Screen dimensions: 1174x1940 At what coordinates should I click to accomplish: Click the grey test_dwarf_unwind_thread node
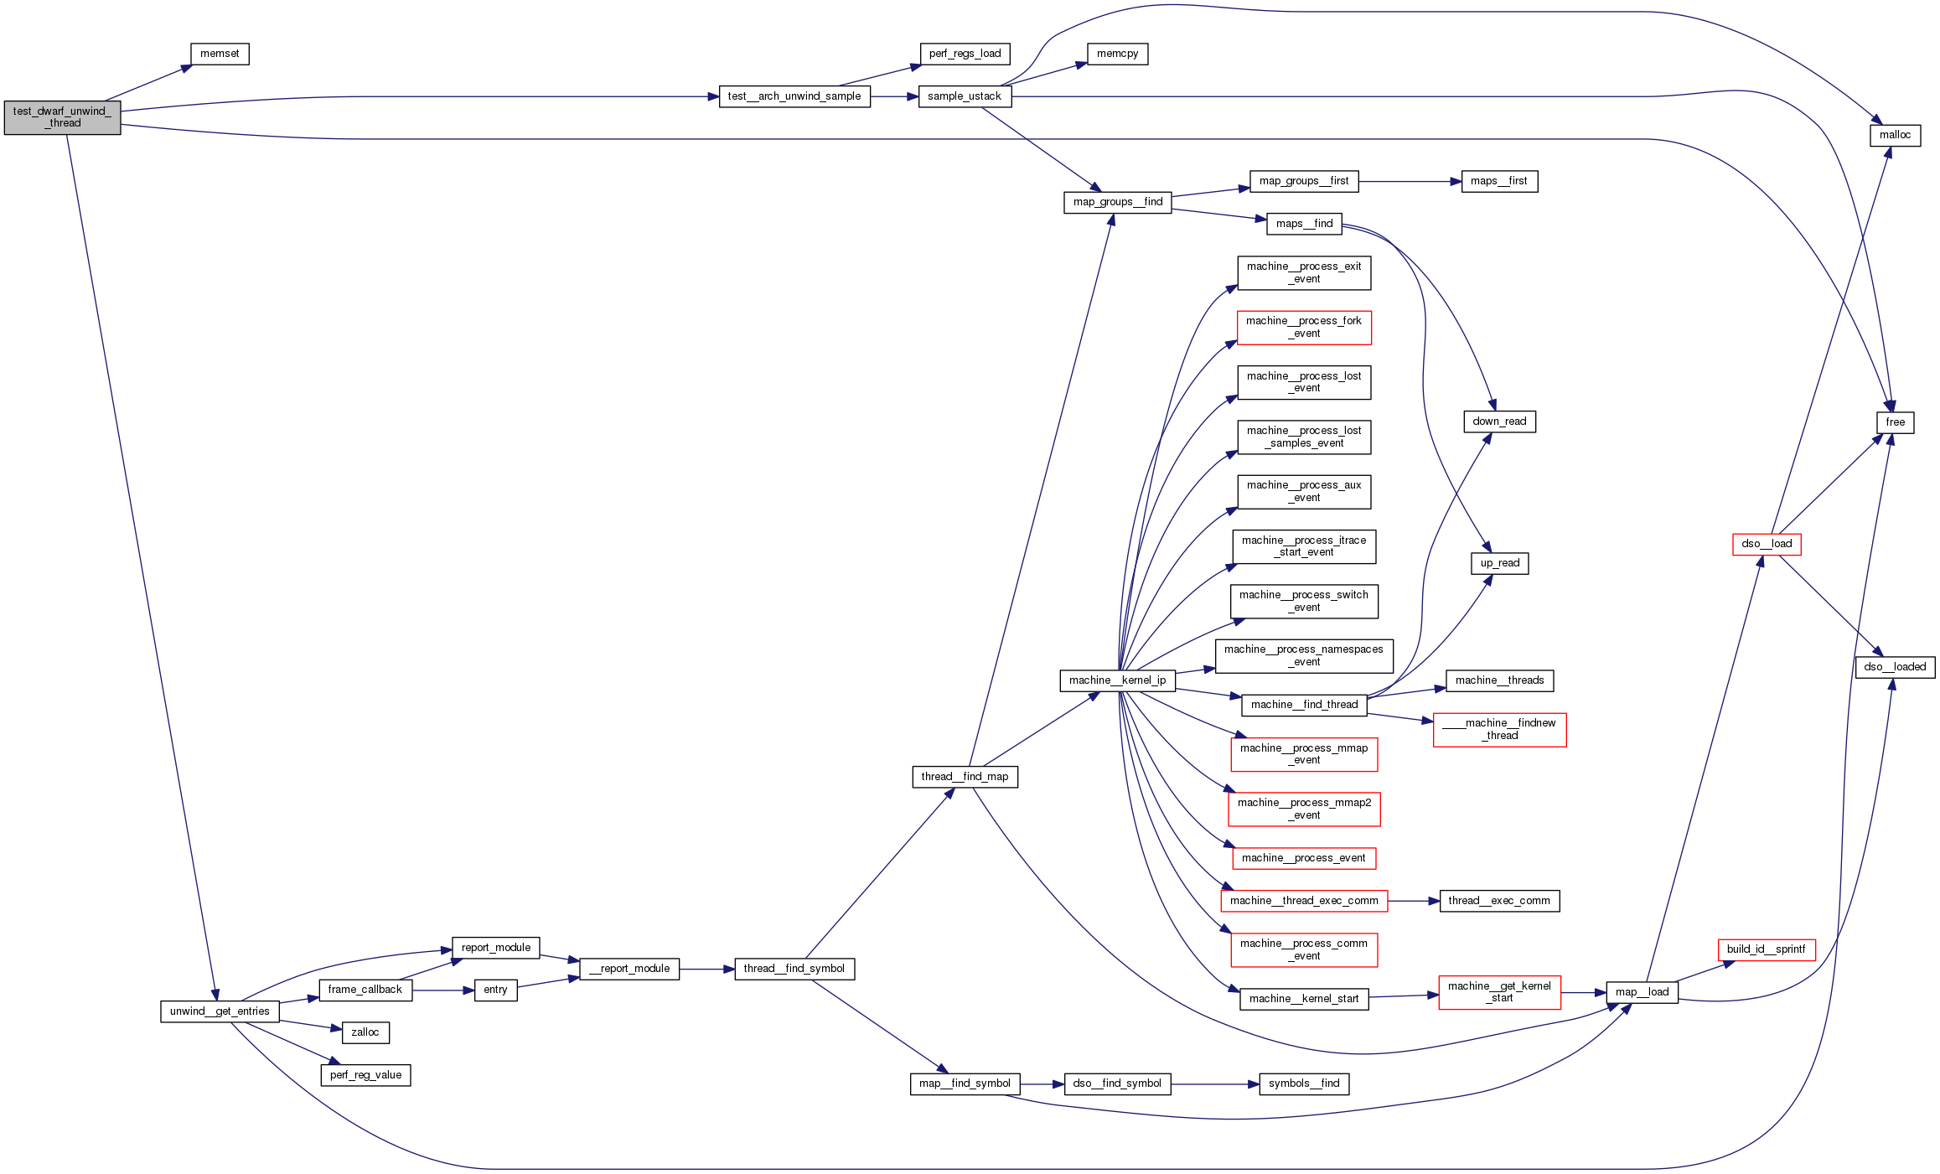(x=62, y=117)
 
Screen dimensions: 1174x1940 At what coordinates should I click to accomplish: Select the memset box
(x=220, y=54)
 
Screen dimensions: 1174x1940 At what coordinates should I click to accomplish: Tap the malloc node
(x=1895, y=135)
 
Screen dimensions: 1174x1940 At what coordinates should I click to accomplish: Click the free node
(x=1895, y=422)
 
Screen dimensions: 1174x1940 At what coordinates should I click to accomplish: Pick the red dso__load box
(x=1767, y=544)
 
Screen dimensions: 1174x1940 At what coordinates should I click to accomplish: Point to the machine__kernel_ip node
(x=1117, y=680)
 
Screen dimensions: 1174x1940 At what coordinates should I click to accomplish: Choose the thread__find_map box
(x=965, y=777)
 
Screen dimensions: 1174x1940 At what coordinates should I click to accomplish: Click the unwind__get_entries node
(x=220, y=1011)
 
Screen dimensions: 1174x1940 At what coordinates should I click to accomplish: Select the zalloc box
(x=365, y=1032)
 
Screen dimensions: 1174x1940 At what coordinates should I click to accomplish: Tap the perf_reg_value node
(x=365, y=1075)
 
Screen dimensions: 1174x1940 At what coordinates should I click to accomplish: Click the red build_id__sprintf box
(x=1766, y=949)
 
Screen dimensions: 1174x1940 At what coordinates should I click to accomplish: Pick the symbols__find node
(x=1304, y=1083)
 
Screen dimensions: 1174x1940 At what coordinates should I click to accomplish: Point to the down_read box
(x=1499, y=422)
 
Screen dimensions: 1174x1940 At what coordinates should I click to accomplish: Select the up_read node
(x=1499, y=563)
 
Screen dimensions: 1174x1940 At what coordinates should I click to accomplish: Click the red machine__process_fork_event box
(x=1304, y=328)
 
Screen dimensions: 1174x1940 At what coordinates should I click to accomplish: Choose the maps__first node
(x=1499, y=181)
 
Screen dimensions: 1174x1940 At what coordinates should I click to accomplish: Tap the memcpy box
(x=1117, y=54)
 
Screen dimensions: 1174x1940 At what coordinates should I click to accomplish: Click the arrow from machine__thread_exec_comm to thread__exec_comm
(x=1413, y=901)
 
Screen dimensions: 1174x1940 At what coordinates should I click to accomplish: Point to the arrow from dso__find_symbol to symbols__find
(x=1214, y=1083)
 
